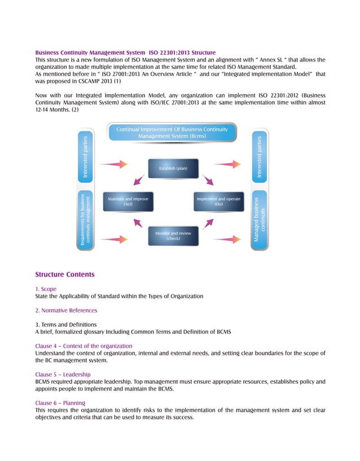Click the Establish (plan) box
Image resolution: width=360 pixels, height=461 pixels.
point(174,169)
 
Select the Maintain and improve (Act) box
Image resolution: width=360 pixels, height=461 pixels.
point(128,203)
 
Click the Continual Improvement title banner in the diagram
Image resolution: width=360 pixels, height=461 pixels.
point(172,133)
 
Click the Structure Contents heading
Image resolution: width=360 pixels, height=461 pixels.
point(65,275)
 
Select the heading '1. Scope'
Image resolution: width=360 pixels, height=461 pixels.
point(46,289)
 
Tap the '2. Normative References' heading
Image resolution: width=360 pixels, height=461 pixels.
point(66,310)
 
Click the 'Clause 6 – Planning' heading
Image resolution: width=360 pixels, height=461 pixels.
point(60,403)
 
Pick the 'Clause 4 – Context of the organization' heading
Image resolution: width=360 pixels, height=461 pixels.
point(84,345)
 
